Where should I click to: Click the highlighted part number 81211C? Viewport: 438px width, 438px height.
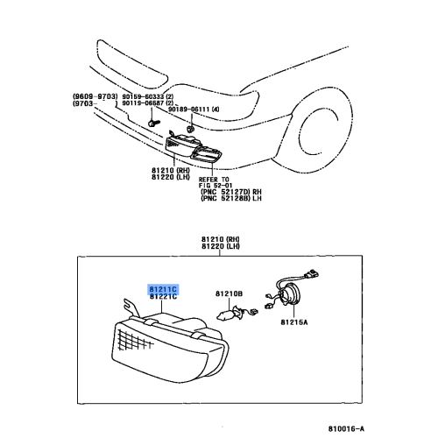(163, 289)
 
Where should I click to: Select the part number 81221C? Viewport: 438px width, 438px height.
(163, 297)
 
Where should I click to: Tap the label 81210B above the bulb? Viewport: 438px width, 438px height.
(229, 293)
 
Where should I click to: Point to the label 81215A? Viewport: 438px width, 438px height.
(294, 322)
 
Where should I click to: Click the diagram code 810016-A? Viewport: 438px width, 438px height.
(346, 428)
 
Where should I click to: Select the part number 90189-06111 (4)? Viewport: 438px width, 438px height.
(194, 109)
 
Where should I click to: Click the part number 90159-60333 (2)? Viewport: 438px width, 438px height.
(148, 96)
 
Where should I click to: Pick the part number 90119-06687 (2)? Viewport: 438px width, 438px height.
(148, 103)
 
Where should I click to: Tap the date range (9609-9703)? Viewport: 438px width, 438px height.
(95, 96)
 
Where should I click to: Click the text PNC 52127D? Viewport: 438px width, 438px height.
(225, 192)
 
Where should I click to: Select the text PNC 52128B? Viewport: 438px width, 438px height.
(225, 198)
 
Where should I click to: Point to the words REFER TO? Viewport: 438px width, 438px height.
(214, 180)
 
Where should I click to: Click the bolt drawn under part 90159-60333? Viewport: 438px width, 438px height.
(153, 123)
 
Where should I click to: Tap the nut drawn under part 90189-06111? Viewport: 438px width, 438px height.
(190, 128)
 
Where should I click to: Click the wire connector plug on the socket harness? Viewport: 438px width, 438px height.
(311, 274)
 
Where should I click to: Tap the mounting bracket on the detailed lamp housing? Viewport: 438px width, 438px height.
(130, 307)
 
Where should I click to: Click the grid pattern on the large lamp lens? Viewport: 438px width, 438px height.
(133, 340)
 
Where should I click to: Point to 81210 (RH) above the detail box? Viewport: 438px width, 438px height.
(221, 239)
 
